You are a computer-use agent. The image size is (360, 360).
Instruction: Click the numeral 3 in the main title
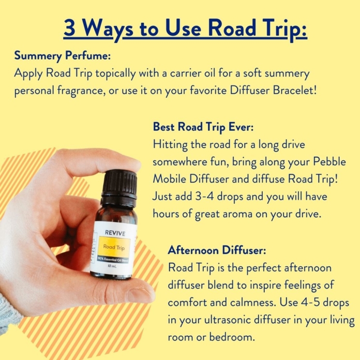click(x=69, y=28)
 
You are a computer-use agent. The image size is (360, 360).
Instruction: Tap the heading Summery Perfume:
click(x=63, y=56)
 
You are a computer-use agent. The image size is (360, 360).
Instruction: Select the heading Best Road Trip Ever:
click(x=203, y=127)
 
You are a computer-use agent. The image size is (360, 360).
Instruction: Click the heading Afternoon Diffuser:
click(x=217, y=250)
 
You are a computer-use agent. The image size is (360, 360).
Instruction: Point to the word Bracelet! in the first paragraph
click(x=295, y=90)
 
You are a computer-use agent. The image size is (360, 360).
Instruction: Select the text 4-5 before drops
click(x=310, y=303)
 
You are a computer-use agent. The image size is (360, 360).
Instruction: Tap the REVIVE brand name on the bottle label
click(x=115, y=233)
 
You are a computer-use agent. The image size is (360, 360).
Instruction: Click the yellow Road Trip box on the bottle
click(x=114, y=247)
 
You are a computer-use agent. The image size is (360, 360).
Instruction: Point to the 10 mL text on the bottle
click(x=112, y=266)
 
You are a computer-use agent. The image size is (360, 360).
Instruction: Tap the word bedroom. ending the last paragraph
click(x=232, y=337)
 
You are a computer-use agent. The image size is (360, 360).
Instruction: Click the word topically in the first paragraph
click(x=115, y=74)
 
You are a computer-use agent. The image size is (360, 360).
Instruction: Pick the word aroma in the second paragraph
click(x=237, y=214)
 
